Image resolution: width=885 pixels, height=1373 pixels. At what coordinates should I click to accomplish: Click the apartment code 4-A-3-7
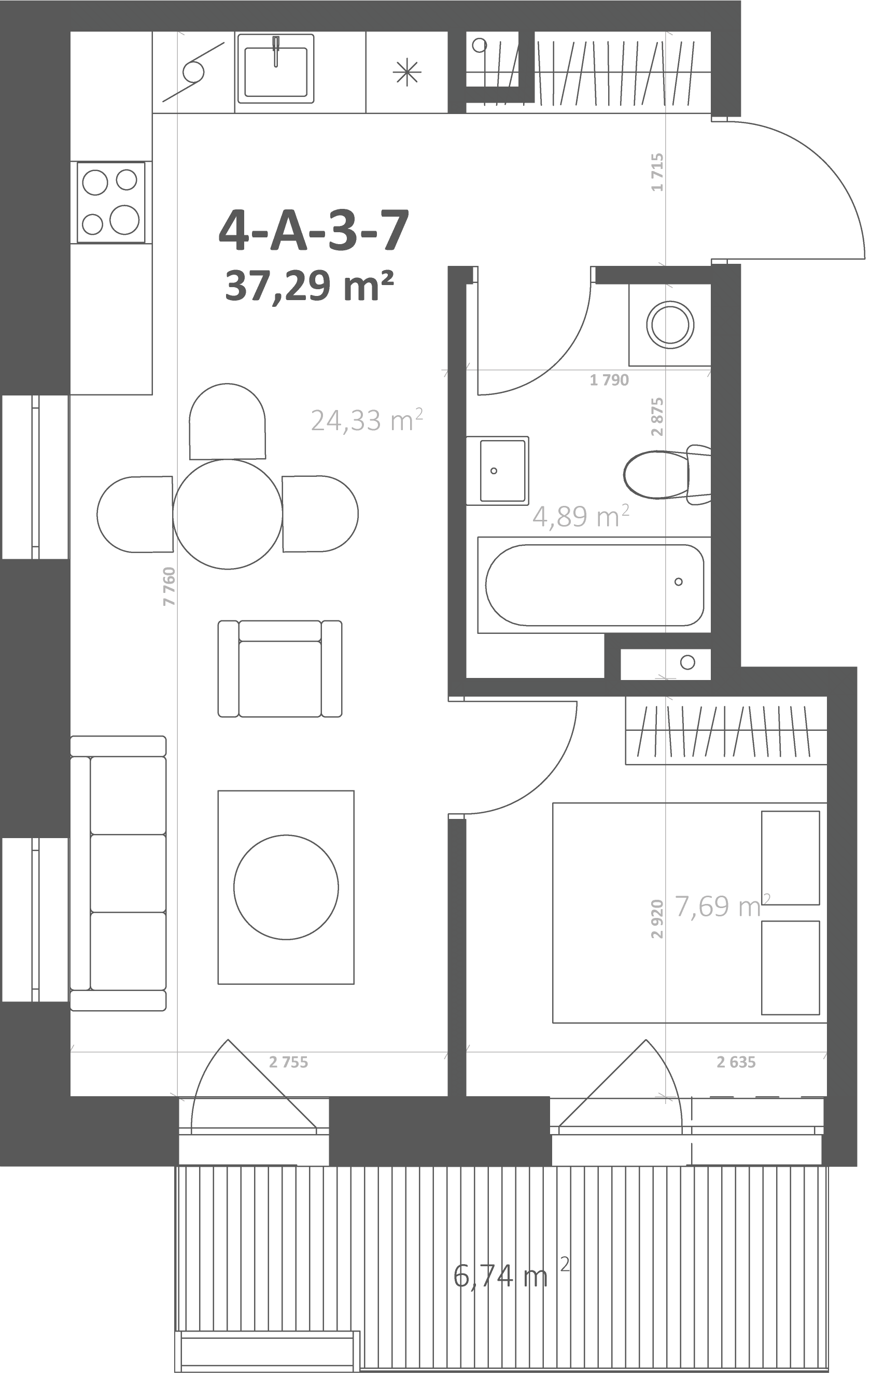coord(314,230)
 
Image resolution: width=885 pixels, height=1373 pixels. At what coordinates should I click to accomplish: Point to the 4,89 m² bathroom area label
coord(581,516)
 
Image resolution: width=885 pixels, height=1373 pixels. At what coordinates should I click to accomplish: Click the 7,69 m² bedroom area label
coord(722,906)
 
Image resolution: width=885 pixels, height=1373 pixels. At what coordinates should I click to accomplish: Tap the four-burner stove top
coord(111,202)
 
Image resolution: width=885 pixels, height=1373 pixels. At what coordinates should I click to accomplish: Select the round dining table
coord(228,514)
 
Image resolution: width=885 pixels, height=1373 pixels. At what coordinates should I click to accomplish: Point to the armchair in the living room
coord(280,669)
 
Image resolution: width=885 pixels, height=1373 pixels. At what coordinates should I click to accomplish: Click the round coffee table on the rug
coord(286,887)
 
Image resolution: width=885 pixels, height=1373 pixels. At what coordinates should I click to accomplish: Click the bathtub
coord(594,585)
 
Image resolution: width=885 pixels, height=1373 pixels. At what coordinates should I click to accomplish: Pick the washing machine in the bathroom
coord(670,324)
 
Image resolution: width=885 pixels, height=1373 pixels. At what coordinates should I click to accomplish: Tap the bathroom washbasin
coord(498,471)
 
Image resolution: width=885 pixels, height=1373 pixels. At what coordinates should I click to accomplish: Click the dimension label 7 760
coord(169,586)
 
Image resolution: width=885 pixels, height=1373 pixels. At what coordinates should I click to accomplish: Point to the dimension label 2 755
coord(288,1062)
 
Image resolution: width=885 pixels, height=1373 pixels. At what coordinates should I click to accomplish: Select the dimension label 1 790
coord(609,380)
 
